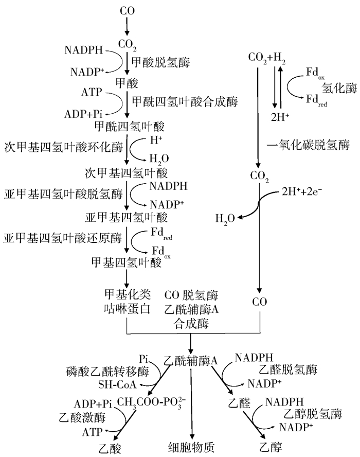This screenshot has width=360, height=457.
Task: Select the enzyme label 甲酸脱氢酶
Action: click(161, 63)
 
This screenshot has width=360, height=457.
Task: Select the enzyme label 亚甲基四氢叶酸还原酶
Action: click(62, 238)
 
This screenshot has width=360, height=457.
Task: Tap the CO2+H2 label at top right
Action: click(267, 58)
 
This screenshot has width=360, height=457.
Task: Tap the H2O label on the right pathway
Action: click(225, 219)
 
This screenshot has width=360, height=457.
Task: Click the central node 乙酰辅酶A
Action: click(191, 361)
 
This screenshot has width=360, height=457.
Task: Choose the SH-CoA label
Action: click(116, 384)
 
